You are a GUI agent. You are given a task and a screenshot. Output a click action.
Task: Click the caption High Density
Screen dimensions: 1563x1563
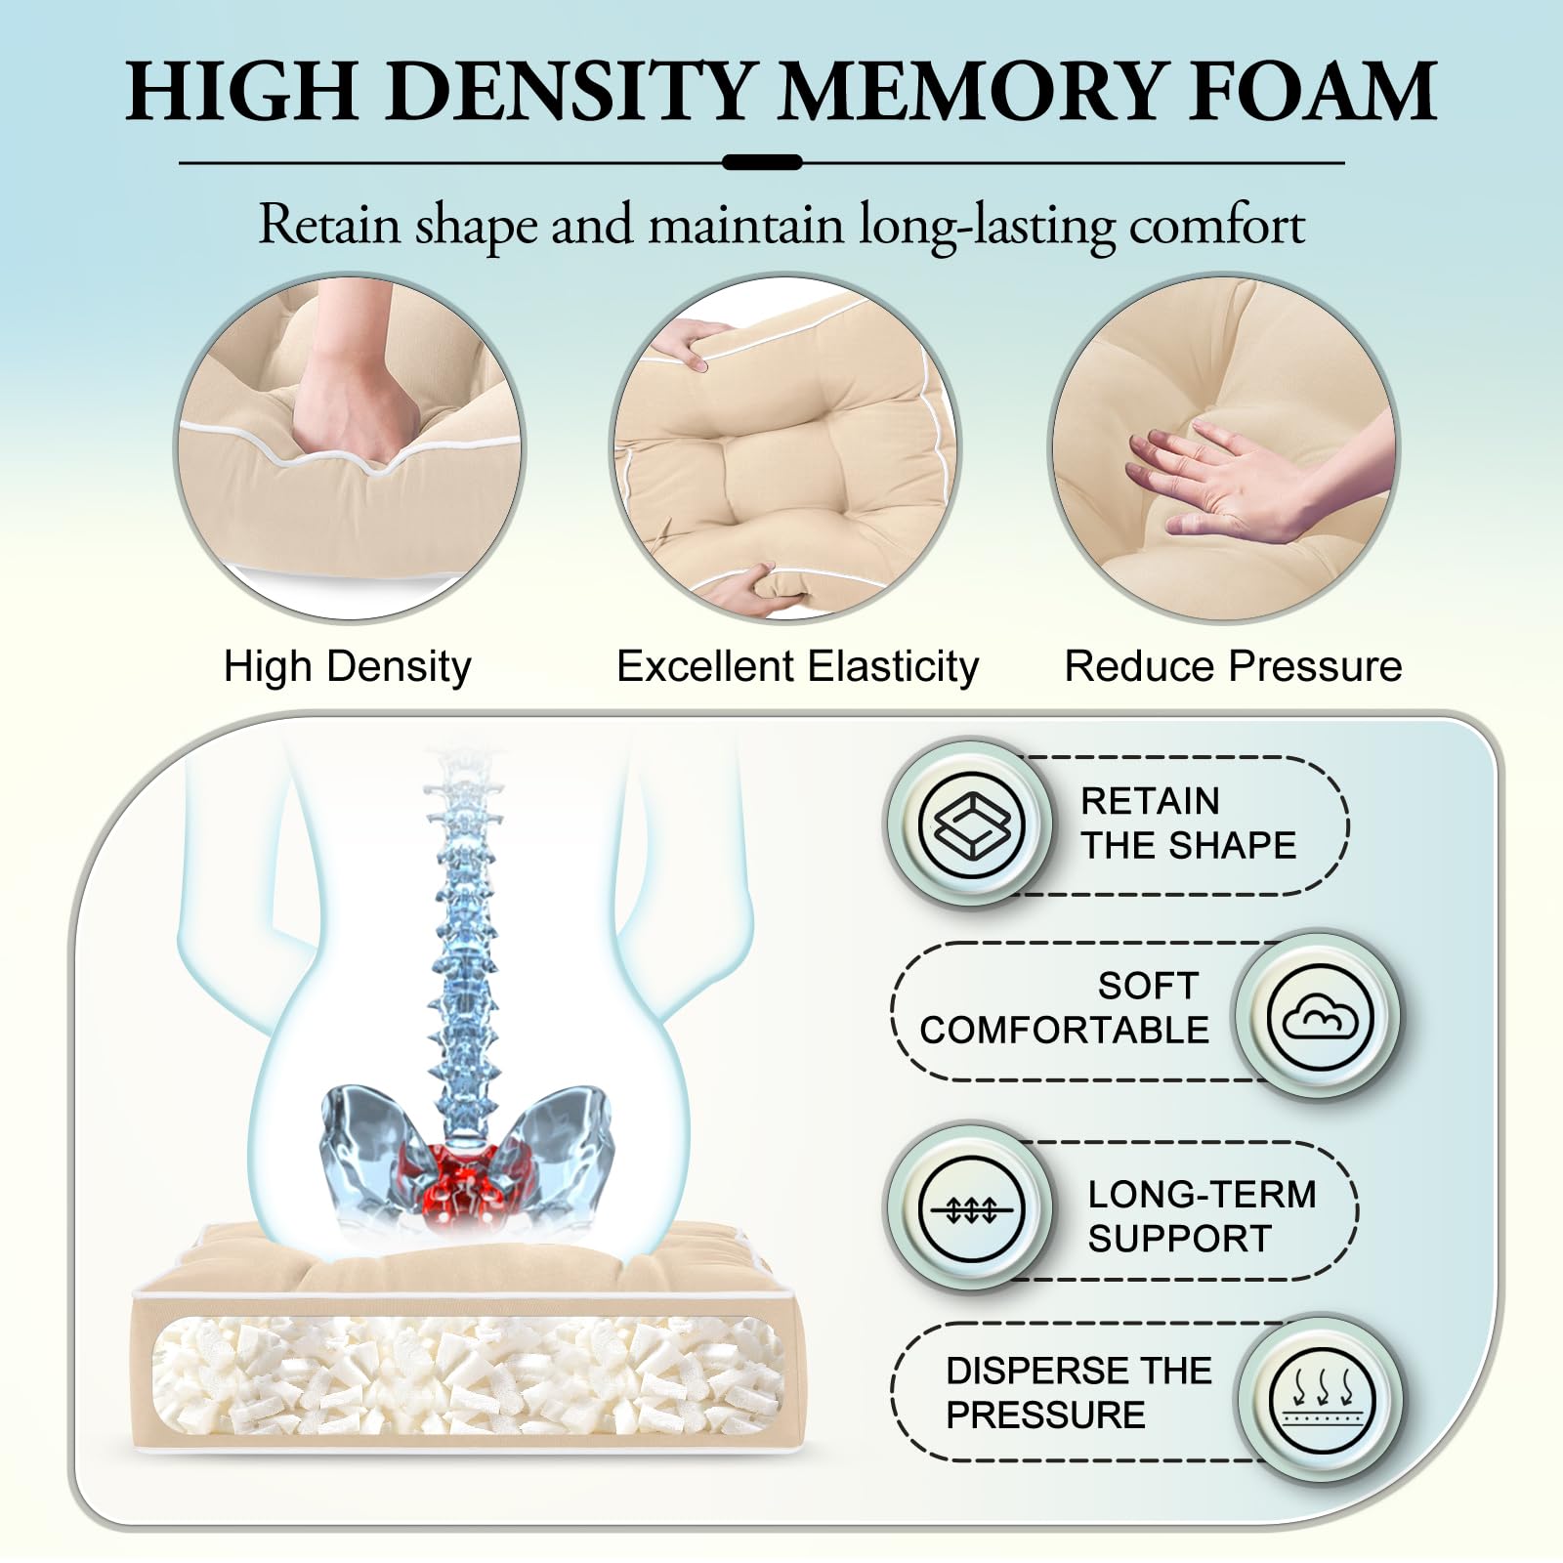(348, 667)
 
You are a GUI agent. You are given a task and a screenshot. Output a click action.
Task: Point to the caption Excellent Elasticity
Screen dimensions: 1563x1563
(797, 667)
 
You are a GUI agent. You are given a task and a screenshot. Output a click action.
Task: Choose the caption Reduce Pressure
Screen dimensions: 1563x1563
(1233, 666)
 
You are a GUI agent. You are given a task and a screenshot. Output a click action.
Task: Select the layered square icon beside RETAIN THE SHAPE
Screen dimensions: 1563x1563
(971, 824)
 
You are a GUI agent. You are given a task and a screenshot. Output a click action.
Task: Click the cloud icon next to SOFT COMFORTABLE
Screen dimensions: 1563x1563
(1320, 1016)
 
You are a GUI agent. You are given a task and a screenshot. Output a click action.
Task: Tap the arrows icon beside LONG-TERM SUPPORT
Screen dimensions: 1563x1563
(971, 1209)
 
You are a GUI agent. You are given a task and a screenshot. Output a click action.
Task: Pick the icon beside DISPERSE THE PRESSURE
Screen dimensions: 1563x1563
(1322, 1399)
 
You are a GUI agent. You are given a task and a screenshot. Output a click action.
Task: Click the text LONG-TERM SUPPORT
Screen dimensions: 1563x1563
(1202, 1216)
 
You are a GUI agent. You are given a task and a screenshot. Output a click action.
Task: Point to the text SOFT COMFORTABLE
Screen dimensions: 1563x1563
(1064, 1008)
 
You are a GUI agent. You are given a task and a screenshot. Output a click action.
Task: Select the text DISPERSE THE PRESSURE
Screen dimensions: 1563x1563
(1078, 1393)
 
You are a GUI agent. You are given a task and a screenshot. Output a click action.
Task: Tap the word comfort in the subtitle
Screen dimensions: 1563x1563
(1217, 225)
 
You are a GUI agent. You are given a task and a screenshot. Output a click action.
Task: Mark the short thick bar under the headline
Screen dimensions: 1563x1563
(762, 162)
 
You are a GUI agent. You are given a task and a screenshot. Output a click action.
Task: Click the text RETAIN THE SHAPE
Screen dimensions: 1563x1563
(1188, 824)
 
